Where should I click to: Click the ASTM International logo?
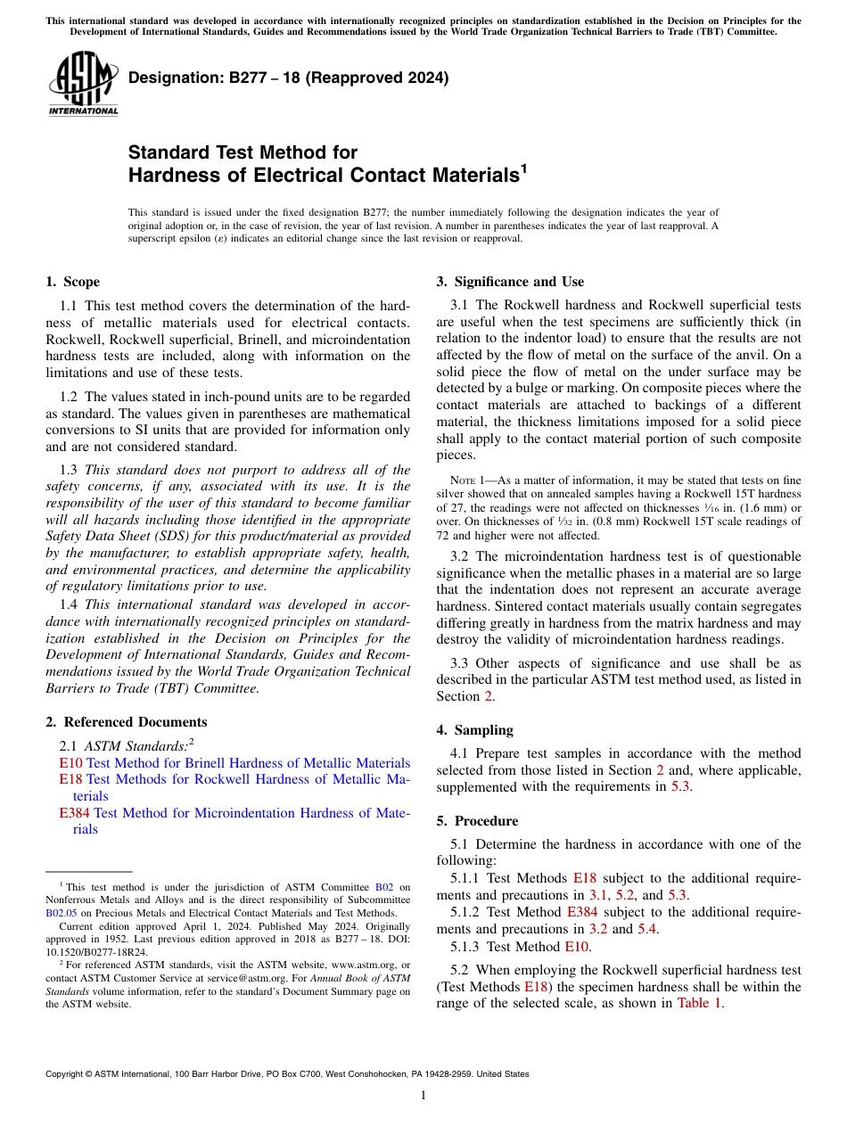click(x=82, y=85)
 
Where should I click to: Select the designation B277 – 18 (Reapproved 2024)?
click(x=288, y=78)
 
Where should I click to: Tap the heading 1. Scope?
click(x=72, y=282)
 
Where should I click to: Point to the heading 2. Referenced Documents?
click(x=126, y=722)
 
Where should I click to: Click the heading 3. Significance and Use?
click(x=510, y=282)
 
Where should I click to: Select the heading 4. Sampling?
click(x=474, y=730)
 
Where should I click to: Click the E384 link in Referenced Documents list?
click(x=74, y=813)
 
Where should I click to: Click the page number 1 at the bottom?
click(x=423, y=1096)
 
